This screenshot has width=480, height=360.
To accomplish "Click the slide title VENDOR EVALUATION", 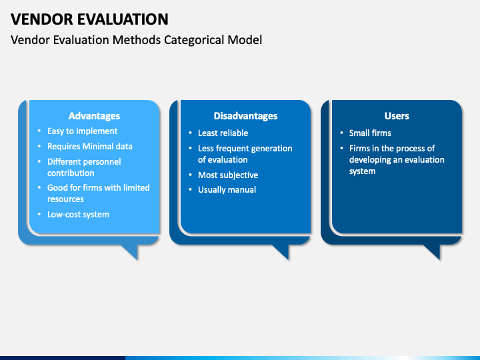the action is click(x=89, y=19).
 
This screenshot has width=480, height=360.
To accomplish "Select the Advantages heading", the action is click(x=94, y=116).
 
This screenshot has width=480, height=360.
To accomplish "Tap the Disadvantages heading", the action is click(x=245, y=116).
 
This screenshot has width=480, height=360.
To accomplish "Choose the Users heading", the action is click(x=397, y=116).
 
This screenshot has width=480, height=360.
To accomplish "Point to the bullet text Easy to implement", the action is click(x=83, y=131).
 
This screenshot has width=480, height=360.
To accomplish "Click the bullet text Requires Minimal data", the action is click(x=90, y=146).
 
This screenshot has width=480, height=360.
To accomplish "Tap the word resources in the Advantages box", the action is click(x=65, y=199).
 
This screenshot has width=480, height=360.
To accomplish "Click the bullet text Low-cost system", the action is click(x=79, y=214).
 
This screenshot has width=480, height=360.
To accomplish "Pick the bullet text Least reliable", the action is click(x=223, y=133).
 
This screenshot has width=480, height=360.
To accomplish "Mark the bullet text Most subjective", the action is click(x=228, y=175).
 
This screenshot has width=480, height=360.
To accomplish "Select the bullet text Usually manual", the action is click(x=227, y=190).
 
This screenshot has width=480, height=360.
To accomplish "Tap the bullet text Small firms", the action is click(x=370, y=133).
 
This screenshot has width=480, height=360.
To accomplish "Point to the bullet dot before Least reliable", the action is click(x=191, y=133).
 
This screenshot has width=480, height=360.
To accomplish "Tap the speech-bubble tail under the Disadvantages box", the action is click(x=282, y=251).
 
